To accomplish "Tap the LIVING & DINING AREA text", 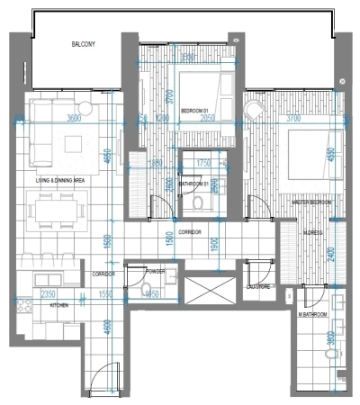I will pos(60,180).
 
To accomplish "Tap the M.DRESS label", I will pos(313,231).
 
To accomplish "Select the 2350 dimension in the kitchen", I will pos(48,294).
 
